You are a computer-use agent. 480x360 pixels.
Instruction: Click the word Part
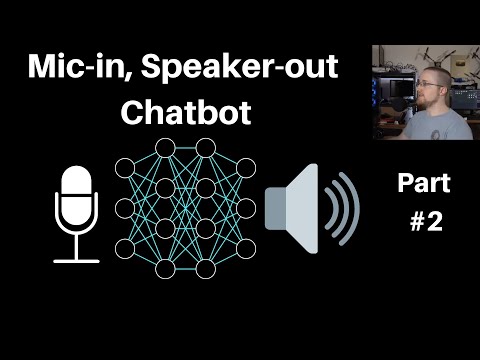click(424, 183)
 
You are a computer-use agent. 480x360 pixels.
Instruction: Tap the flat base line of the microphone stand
click(76, 260)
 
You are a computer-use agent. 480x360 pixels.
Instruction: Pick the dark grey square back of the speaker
click(273, 209)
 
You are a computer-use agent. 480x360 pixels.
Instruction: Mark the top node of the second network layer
click(165, 148)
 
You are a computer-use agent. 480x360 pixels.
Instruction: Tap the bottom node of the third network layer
click(206, 268)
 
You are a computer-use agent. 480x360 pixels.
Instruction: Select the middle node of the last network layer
click(246, 208)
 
